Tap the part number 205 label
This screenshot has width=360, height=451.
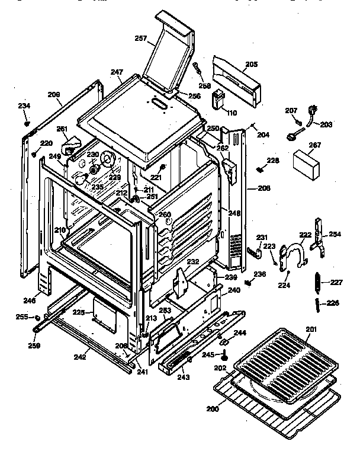pyautogui.click(x=251, y=63)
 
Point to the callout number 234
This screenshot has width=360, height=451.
pyautogui.click(x=24, y=106)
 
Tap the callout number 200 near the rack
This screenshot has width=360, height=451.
pyautogui.click(x=213, y=409)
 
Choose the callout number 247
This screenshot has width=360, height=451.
pyautogui.click(x=116, y=72)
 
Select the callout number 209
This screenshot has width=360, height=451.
pyautogui.click(x=54, y=94)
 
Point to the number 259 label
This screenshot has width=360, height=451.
pyautogui.click(x=35, y=346)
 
